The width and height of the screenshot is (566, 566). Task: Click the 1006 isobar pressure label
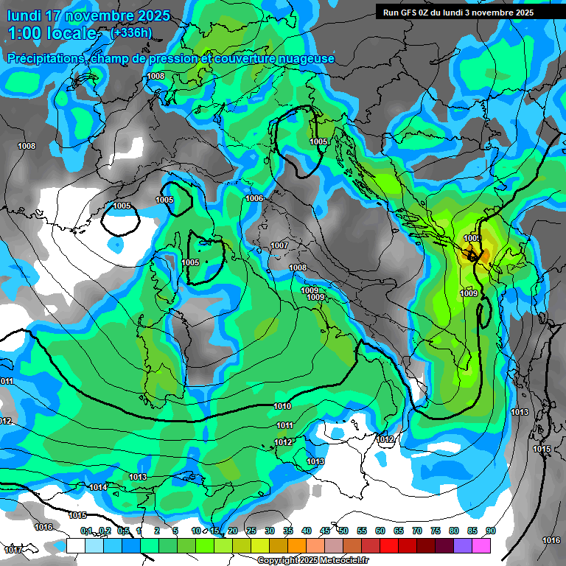(254, 198)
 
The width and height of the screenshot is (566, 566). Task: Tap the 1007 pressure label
(279, 245)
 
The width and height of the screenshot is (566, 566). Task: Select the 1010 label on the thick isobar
(282, 406)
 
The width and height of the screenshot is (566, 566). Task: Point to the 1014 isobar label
(98, 487)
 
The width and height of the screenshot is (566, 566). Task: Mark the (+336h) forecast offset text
(130, 32)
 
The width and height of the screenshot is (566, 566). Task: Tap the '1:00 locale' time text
(52, 33)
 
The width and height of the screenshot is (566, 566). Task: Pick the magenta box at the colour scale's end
(481, 545)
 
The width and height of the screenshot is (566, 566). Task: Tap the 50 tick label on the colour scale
(343, 531)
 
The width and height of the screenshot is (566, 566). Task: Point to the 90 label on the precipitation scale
(491, 531)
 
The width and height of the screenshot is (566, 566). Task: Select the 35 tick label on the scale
(288, 531)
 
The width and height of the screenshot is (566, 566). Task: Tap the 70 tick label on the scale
(417, 531)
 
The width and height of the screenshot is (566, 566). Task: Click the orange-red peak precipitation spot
(472, 255)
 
